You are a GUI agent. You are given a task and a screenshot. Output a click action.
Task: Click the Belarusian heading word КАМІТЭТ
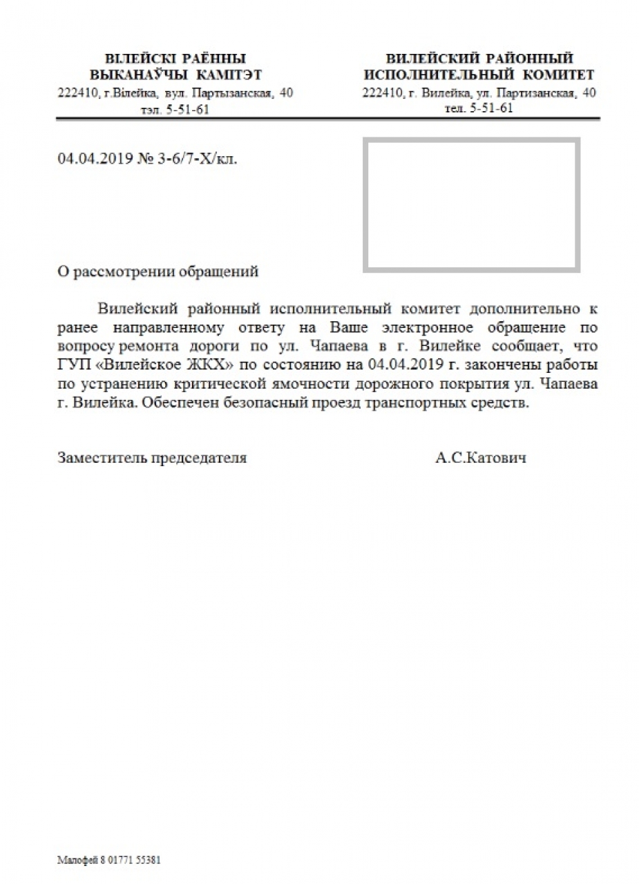229,75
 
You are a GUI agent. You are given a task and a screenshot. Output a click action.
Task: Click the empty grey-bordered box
471,204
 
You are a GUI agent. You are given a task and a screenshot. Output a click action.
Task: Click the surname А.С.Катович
481,457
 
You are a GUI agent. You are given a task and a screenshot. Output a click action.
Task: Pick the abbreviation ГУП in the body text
73,364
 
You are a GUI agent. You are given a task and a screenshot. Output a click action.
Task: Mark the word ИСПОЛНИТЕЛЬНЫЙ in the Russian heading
439,75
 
